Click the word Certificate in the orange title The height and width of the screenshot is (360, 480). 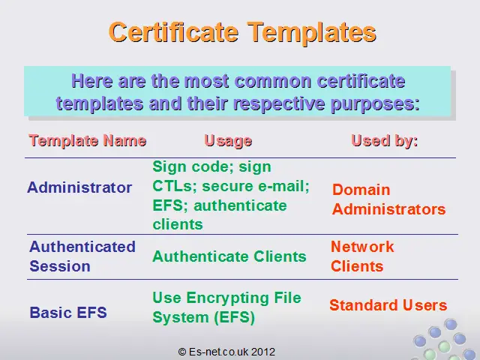coord(173,31)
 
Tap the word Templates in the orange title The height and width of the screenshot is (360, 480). coord(312,33)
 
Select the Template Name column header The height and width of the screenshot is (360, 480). coord(88,141)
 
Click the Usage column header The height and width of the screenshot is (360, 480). coord(228,142)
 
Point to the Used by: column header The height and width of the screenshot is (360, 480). coord(385,141)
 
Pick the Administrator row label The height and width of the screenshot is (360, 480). coord(79,187)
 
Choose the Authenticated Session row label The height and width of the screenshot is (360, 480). coord(82,256)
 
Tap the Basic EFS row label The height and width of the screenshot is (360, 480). coord(68,313)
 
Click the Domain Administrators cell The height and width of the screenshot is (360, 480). coord(388,199)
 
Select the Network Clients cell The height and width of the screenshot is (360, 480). coord(362,256)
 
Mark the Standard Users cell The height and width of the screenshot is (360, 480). coord(388,305)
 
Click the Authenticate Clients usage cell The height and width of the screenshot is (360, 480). coord(229,256)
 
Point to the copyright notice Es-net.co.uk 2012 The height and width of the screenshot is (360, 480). coord(226,352)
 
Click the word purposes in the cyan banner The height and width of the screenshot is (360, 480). coord(375,103)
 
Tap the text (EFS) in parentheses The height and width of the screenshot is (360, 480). coord(234,317)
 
